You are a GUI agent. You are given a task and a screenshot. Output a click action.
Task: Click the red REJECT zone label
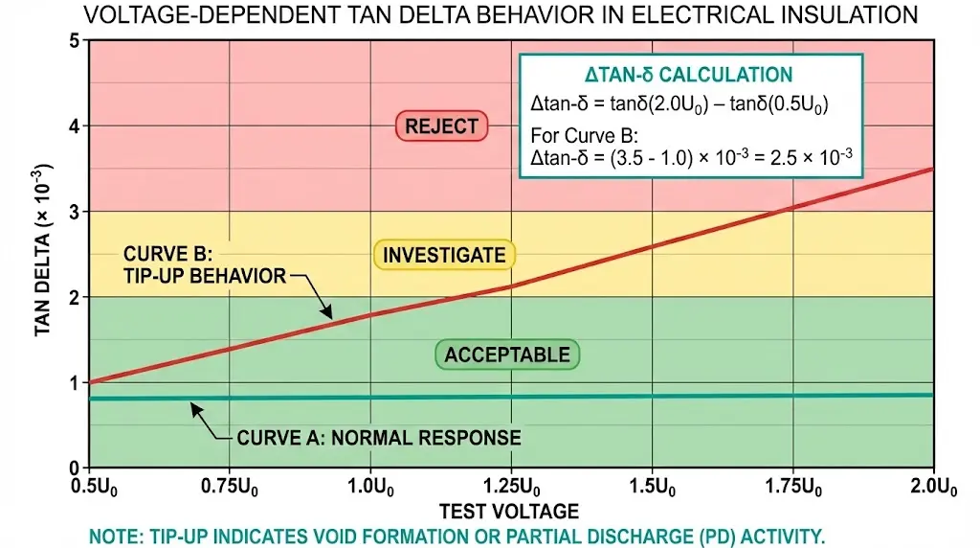coord(441,126)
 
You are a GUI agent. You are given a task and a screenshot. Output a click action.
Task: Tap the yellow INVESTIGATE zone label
coord(444,255)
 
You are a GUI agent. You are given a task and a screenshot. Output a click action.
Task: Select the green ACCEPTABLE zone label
coord(507,354)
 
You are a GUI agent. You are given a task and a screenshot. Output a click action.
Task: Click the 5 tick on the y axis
coord(74,41)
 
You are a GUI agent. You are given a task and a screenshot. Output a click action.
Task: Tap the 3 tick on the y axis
coord(74,212)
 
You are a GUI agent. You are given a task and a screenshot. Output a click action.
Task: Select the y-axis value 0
coord(74,468)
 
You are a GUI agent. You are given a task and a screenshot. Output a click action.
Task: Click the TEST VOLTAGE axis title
coord(509,510)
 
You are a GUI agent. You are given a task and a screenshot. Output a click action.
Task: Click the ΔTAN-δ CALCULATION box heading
coord(688,75)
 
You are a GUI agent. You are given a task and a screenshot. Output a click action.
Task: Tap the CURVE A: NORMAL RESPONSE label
coord(379,438)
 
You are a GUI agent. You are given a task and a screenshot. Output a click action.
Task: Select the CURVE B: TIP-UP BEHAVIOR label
coord(205,265)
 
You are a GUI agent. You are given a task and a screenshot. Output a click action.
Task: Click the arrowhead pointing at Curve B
coord(327,313)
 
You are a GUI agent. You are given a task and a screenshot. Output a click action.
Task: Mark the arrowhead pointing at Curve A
coord(194,407)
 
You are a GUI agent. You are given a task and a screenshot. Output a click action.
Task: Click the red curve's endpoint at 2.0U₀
coord(932,170)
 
